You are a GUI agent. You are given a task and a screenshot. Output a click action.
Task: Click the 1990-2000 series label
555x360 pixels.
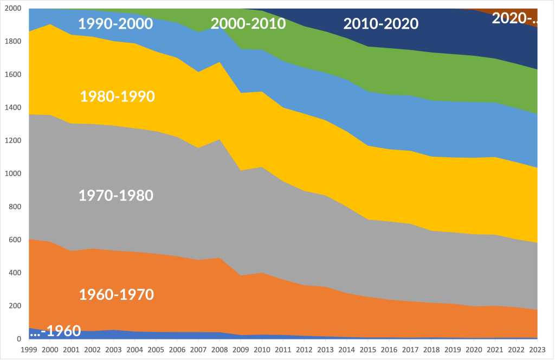(116, 24)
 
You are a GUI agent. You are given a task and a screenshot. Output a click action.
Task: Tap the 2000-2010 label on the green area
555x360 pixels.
(248, 24)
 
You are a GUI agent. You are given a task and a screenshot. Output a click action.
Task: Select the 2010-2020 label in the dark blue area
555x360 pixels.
(380, 24)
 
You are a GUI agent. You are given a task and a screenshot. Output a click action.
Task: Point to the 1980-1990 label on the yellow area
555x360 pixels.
(118, 97)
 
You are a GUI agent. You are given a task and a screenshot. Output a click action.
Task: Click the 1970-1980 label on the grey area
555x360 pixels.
(116, 195)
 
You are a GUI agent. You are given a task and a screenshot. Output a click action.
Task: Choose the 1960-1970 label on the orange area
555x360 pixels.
(117, 294)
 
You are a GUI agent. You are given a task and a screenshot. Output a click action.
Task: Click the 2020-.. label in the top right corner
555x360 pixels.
(514, 18)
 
